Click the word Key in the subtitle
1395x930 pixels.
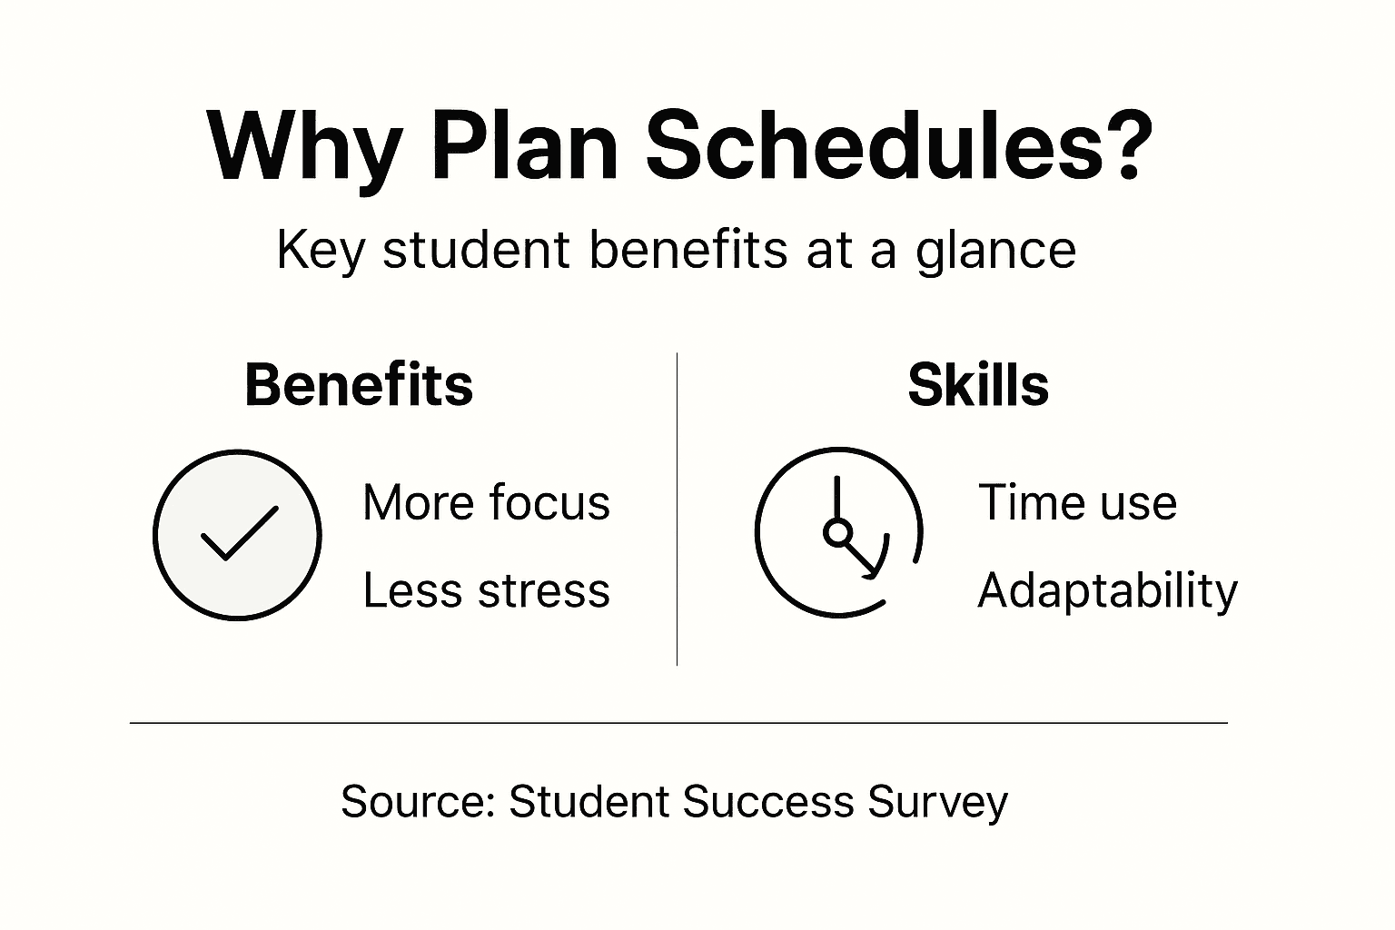320,251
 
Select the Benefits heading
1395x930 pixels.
359,385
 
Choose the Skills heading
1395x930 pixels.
978,385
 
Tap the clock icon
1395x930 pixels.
839,532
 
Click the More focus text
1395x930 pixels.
486,502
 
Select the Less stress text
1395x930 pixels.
486,590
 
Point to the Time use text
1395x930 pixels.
1077,502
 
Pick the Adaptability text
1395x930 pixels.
1107,592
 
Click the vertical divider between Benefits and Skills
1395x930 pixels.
677,509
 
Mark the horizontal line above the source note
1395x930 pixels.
678,723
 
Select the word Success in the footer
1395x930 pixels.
768,802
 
